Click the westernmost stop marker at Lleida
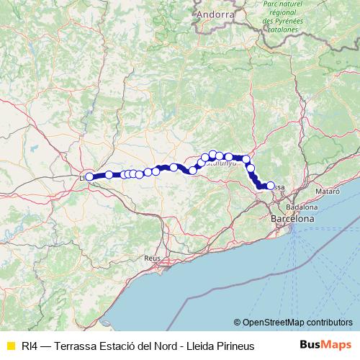(x=89, y=176)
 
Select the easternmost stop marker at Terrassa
(x=271, y=186)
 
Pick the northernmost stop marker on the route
(x=213, y=154)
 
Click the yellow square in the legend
(x=10, y=346)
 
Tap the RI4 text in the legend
(x=30, y=346)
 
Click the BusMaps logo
(x=325, y=345)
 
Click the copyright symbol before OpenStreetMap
(x=237, y=322)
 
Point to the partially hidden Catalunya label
(x=220, y=163)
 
